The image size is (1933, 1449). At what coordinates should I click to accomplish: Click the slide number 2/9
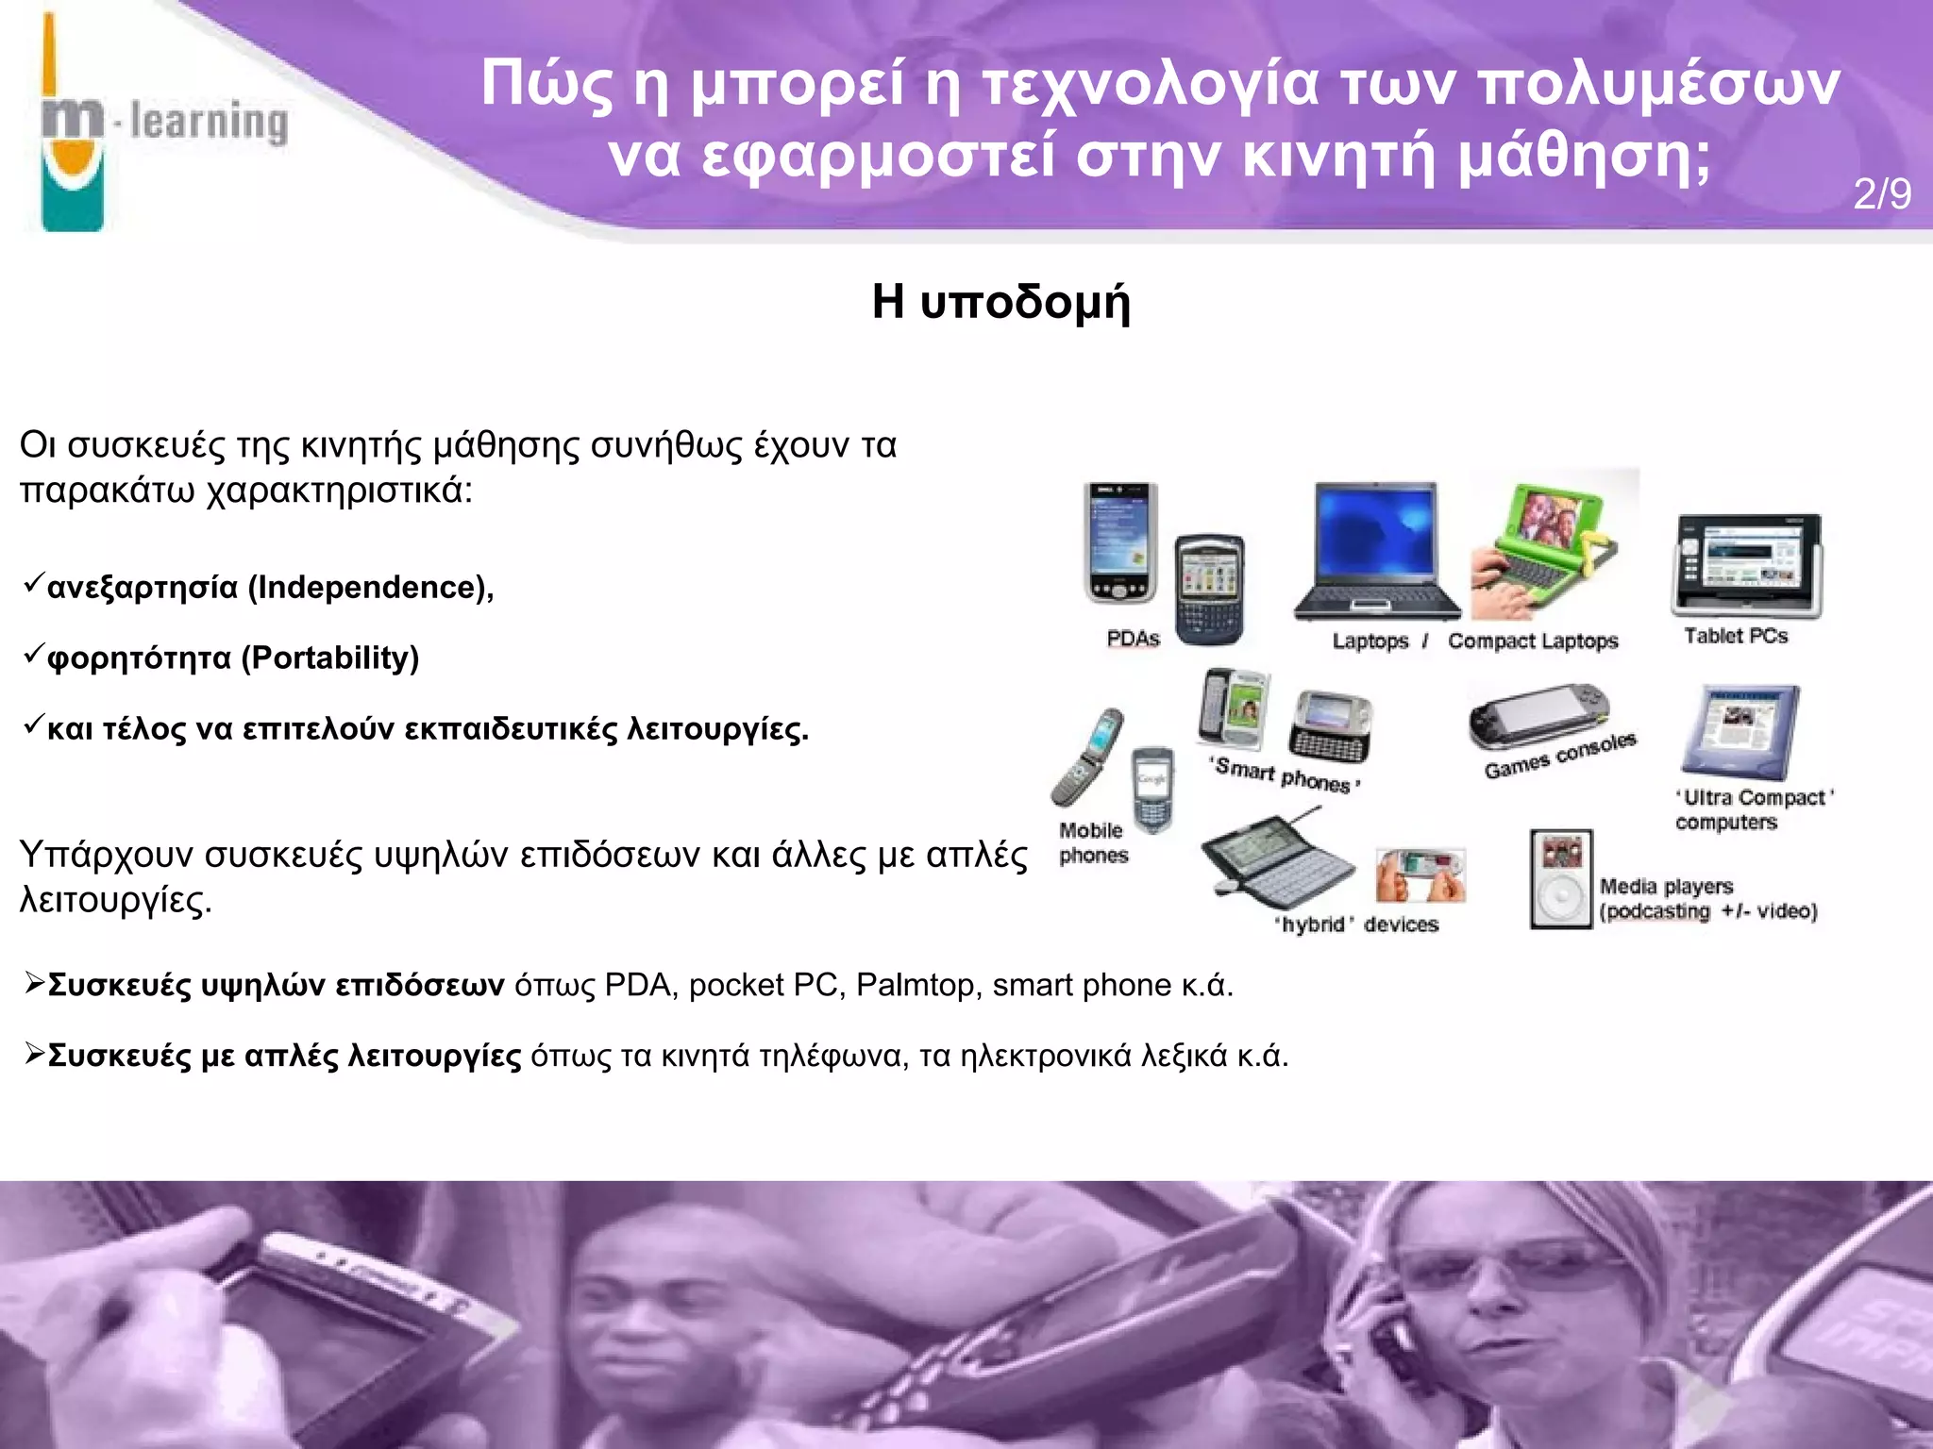pos(1881,194)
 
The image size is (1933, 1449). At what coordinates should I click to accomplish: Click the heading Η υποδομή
pos(1000,302)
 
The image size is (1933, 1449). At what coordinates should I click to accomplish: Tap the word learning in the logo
pos(209,123)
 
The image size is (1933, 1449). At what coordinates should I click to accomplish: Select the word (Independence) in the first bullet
pos(370,588)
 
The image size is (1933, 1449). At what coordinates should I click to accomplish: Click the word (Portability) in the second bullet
pos(329,658)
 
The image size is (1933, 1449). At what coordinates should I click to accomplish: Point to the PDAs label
pos(1133,639)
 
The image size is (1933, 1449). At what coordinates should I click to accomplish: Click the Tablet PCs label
pos(1736,636)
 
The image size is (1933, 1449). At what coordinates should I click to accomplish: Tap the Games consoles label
pos(1559,756)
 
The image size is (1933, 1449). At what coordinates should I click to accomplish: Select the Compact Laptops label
pos(1533,641)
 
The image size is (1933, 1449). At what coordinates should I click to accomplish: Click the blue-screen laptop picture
pos(1376,552)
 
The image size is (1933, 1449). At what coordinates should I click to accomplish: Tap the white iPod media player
pos(1561,879)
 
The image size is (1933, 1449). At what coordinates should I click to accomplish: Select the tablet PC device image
pos(1747,565)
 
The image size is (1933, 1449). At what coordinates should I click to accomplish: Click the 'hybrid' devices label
pos(1357,924)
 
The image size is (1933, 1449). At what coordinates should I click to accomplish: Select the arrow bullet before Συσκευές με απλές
pos(34,1053)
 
